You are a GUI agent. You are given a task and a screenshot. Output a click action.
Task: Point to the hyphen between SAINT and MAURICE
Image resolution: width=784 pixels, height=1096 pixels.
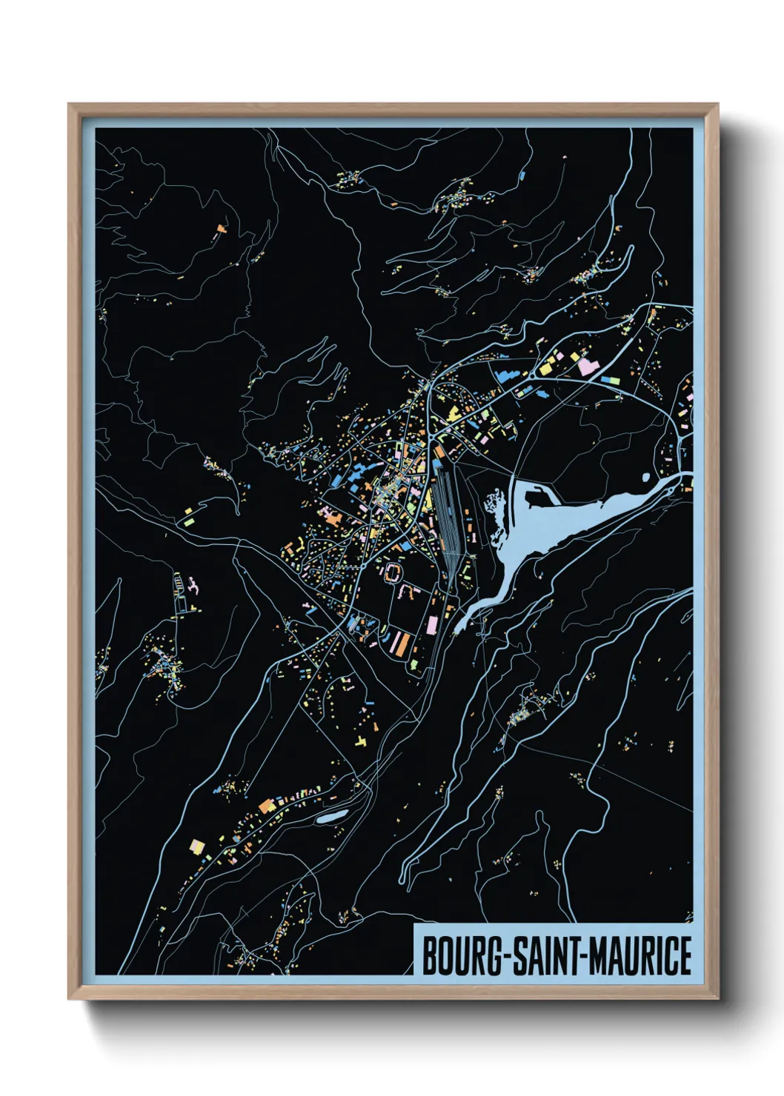click(x=583, y=957)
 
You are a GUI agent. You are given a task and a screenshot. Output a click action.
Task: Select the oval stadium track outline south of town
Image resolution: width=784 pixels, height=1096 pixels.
click(x=393, y=572)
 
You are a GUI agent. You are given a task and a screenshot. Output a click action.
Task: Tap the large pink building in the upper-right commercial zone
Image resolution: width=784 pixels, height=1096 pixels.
click(x=586, y=365)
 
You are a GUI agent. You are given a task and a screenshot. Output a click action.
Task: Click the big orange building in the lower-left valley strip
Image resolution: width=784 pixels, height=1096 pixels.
click(x=266, y=806)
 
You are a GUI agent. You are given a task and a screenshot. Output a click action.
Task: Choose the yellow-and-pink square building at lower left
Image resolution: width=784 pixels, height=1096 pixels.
click(x=196, y=845)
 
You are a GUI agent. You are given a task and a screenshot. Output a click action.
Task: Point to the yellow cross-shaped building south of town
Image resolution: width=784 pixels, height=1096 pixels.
click(x=361, y=741)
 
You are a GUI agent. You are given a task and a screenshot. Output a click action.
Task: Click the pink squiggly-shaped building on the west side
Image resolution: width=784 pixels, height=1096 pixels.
click(x=193, y=587)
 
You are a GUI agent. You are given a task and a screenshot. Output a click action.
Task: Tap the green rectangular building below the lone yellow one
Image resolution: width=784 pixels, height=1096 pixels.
click(x=190, y=521)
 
